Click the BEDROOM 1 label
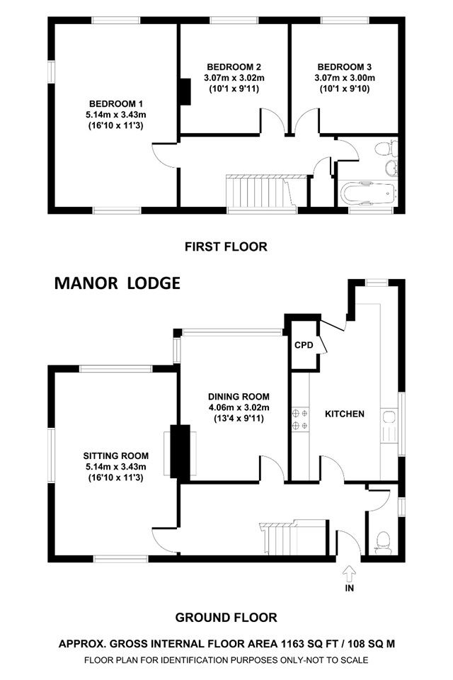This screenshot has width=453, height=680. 116,104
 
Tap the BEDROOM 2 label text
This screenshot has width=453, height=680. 234,67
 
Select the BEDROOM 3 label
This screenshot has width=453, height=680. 345,67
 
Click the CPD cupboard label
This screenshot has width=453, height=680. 304,345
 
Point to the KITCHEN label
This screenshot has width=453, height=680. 345,414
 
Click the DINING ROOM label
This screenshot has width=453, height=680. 239,397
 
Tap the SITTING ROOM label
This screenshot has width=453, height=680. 116,456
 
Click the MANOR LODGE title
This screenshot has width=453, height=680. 117,283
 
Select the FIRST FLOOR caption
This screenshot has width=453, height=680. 226,246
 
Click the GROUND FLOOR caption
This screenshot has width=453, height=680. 226,618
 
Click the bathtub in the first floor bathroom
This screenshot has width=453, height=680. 368,193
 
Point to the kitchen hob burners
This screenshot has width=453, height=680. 300,419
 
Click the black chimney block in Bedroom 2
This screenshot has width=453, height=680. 185,91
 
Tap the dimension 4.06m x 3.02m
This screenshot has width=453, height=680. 239,408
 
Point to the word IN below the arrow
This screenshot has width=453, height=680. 350,589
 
